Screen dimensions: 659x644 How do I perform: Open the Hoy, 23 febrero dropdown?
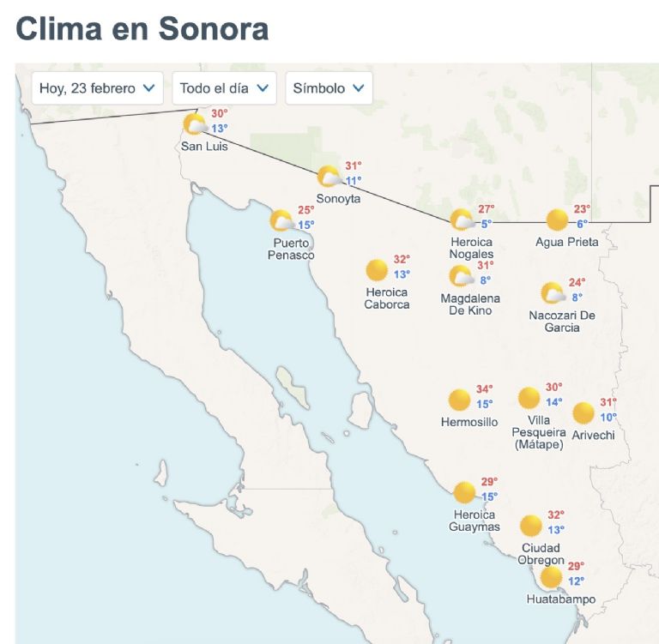click(x=98, y=87)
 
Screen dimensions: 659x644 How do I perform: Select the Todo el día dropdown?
click(x=225, y=87)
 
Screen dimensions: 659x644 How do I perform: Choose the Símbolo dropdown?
click(x=329, y=87)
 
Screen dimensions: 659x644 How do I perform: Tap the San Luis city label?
click(x=204, y=147)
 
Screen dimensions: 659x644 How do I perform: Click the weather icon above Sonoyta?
click(x=329, y=177)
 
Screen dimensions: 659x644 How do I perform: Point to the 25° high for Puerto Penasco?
click(x=306, y=210)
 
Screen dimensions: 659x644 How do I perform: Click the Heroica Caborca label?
click(x=387, y=298)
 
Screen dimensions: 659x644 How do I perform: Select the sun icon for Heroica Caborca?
click(x=376, y=271)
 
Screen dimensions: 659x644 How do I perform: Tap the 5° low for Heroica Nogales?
click(x=487, y=224)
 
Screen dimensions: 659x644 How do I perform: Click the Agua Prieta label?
click(x=567, y=242)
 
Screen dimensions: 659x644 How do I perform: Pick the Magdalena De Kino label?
click(x=470, y=304)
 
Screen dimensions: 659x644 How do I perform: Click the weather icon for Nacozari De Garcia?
click(x=553, y=294)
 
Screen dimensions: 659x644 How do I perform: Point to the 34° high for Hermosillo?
click(x=485, y=389)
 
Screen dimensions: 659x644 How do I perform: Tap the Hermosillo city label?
click(x=469, y=422)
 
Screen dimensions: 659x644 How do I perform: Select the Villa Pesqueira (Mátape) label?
click(x=538, y=432)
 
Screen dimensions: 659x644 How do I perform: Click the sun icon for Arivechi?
click(x=583, y=413)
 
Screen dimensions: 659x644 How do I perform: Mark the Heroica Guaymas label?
click(x=475, y=521)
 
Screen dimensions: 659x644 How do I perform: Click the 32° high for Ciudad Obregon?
click(x=556, y=515)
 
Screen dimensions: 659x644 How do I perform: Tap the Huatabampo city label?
click(x=561, y=599)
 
